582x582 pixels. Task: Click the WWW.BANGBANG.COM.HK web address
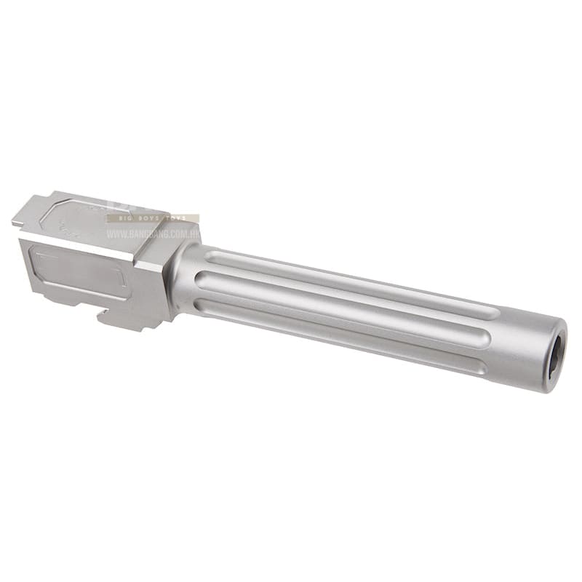154,234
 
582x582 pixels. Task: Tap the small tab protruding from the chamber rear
17,218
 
